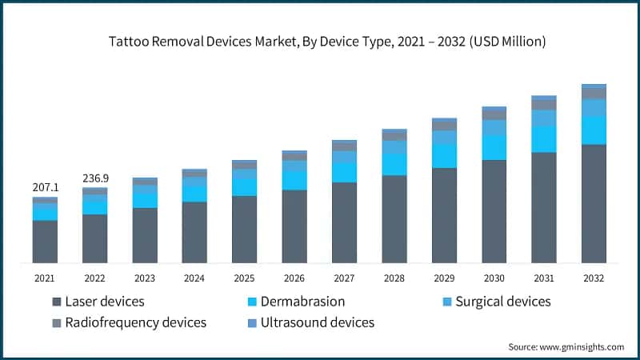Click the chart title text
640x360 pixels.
click(320, 42)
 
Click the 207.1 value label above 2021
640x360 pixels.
click(46, 186)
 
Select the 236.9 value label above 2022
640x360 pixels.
click(95, 178)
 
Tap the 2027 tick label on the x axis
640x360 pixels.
click(344, 278)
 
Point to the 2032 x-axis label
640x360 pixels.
click(593, 278)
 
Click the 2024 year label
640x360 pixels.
click(194, 278)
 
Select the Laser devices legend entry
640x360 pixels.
click(104, 302)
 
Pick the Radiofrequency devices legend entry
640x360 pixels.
click(135, 322)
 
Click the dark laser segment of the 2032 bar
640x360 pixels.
click(593, 203)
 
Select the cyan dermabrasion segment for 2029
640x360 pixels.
click(444, 156)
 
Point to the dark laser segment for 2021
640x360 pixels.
click(46, 241)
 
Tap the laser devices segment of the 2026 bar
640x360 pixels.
click(294, 226)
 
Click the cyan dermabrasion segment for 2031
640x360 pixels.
click(543, 139)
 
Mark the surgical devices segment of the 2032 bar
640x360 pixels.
click(593, 108)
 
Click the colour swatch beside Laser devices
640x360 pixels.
click(57, 302)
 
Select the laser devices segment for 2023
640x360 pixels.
click(145, 235)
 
